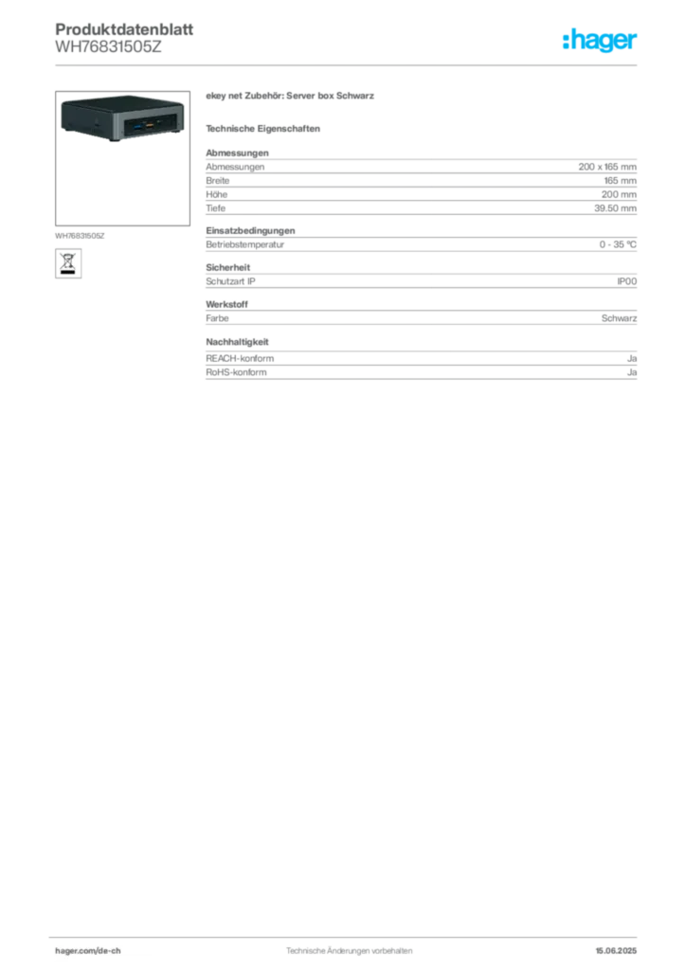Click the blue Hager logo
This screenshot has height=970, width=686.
coord(601,41)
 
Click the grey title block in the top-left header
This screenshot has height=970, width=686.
coord(123,38)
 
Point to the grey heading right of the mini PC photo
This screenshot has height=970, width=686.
coord(292,98)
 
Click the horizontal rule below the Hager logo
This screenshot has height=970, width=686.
coord(379,63)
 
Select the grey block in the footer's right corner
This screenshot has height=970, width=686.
coord(622,944)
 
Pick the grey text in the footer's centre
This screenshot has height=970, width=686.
coord(346,945)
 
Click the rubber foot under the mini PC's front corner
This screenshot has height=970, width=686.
coord(115,141)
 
